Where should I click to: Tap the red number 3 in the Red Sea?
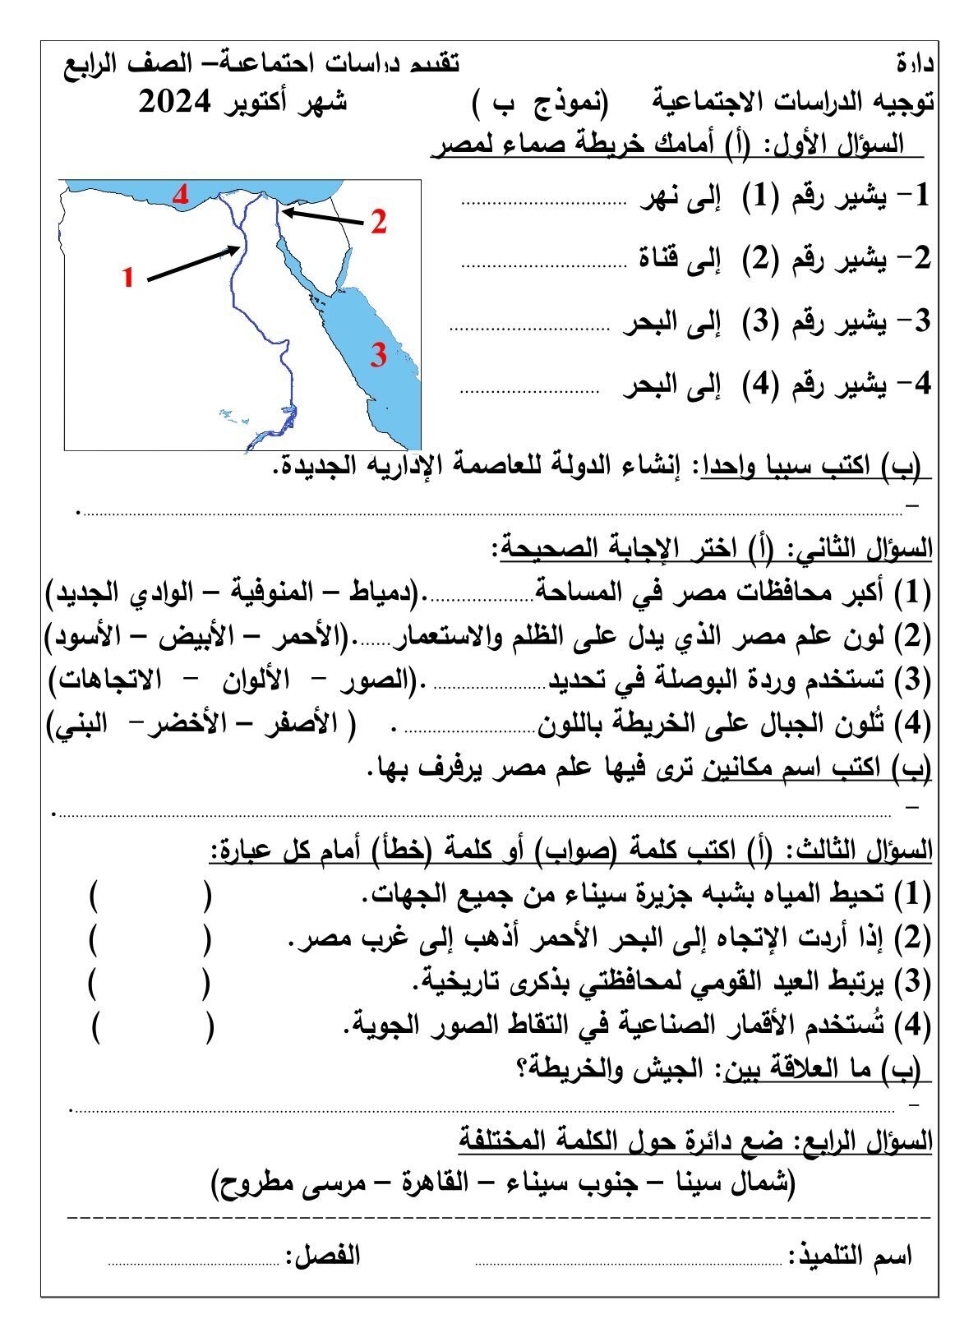pos(377,356)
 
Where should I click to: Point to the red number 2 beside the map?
pos(378,223)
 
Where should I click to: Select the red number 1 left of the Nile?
pos(128,278)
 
